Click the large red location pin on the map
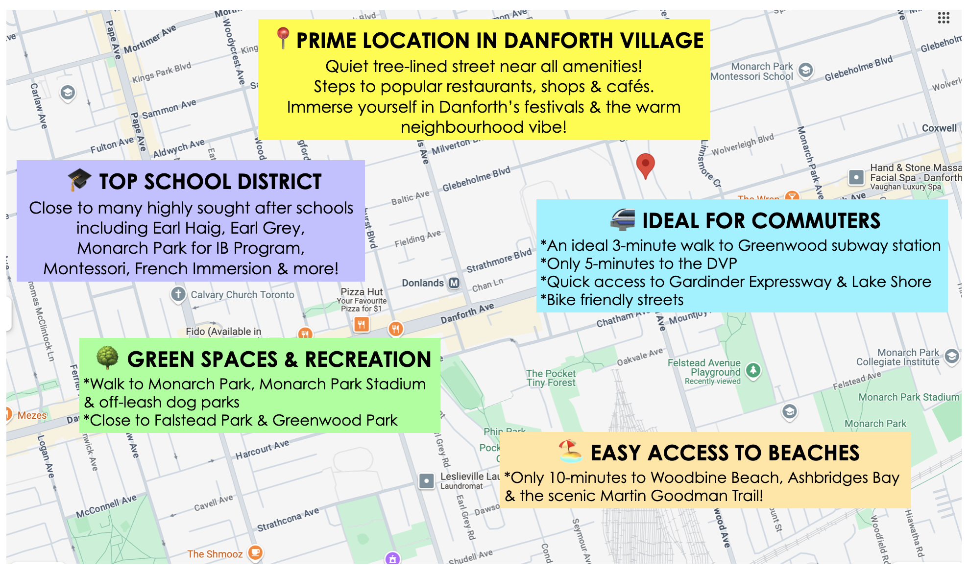click(645, 165)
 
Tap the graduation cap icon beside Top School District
click(80, 180)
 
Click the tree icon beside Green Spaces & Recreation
click(107, 358)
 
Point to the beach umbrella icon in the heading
click(570, 451)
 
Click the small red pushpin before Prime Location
click(282, 38)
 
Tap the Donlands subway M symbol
click(454, 283)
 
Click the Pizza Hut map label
click(362, 292)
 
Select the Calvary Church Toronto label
click(242, 295)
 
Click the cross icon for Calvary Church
click(178, 294)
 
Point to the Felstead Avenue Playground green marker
click(753, 371)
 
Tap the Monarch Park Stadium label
click(909, 397)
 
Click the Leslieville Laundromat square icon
click(427, 481)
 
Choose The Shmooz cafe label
click(215, 554)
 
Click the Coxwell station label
click(939, 128)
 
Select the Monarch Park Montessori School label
click(751, 72)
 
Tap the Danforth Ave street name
click(467, 313)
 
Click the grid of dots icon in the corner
click(944, 18)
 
